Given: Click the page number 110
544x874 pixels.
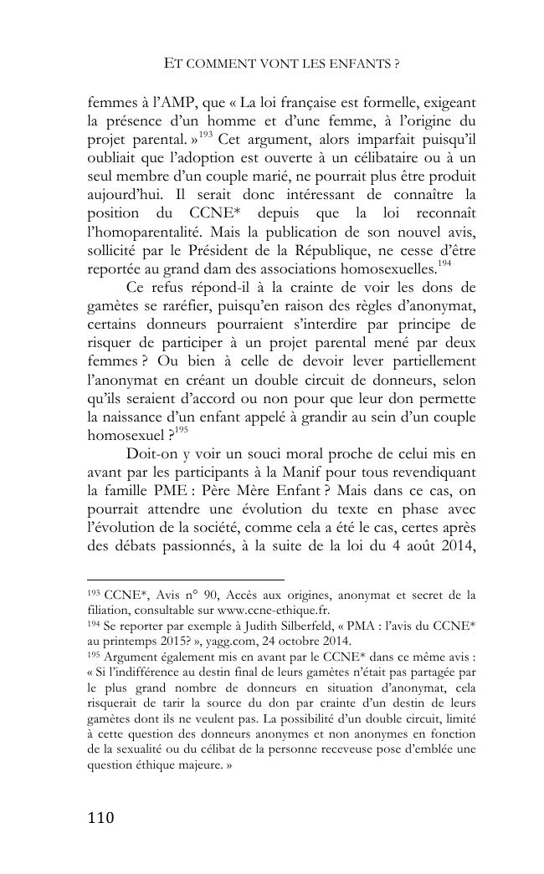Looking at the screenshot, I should (x=100, y=817).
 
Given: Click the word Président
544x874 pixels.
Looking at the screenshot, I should (x=255, y=250).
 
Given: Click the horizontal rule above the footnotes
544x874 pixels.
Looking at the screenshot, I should (x=186, y=579).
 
